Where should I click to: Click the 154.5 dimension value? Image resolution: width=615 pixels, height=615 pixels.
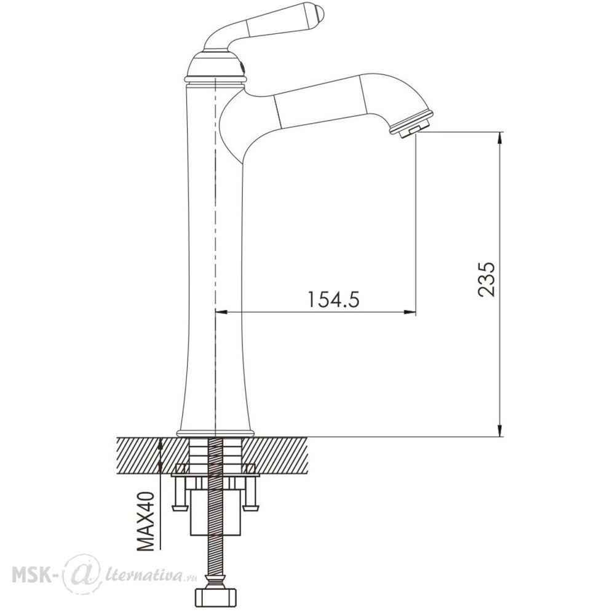tap(333, 300)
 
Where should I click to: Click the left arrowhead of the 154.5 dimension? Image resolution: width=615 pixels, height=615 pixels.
tap(222, 312)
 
